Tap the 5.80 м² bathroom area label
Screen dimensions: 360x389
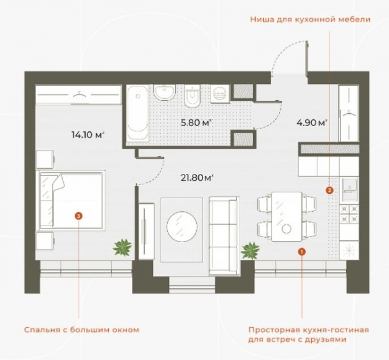click(x=196, y=123)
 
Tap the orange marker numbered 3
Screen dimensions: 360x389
click(x=78, y=215)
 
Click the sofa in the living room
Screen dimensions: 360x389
click(x=223, y=234)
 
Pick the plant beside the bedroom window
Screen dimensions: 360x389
click(x=122, y=247)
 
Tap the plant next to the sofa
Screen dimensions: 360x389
click(x=250, y=250)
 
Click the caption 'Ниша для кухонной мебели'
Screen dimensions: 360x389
click(x=310, y=19)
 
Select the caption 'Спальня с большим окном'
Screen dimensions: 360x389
click(x=81, y=330)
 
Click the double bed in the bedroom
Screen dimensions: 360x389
click(x=72, y=200)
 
